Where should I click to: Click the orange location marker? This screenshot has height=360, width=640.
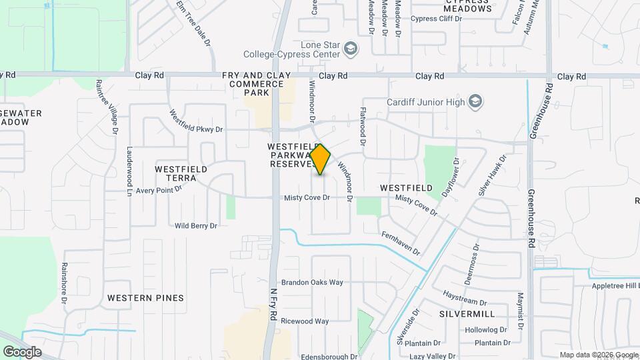[x=321, y=159]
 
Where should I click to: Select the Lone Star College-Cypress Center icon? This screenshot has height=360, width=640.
[x=351, y=48]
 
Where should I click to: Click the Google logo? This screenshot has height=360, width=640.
[x=22, y=351]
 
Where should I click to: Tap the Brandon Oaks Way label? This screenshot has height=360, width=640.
[x=312, y=282]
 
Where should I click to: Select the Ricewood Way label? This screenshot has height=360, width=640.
[x=305, y=321]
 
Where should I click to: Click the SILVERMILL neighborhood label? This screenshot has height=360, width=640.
[x=467, y=313]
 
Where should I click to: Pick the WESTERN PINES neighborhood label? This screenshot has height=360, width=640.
[x=145, y=297]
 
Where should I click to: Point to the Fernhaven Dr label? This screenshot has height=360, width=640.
[x=401, y=243]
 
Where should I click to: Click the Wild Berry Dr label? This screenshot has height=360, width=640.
[x=196, y=226]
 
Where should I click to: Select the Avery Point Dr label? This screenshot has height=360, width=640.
[x=159, y=190]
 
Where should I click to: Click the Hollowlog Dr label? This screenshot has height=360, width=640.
[x=486, y=330]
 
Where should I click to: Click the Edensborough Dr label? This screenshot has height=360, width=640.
[x=326, y=357]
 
